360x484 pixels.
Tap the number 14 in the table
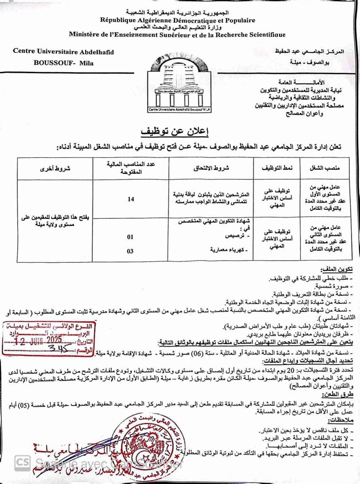click(131, 199)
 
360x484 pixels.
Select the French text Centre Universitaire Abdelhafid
click(63, 52)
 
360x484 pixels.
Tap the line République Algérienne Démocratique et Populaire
click(177, 20)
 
